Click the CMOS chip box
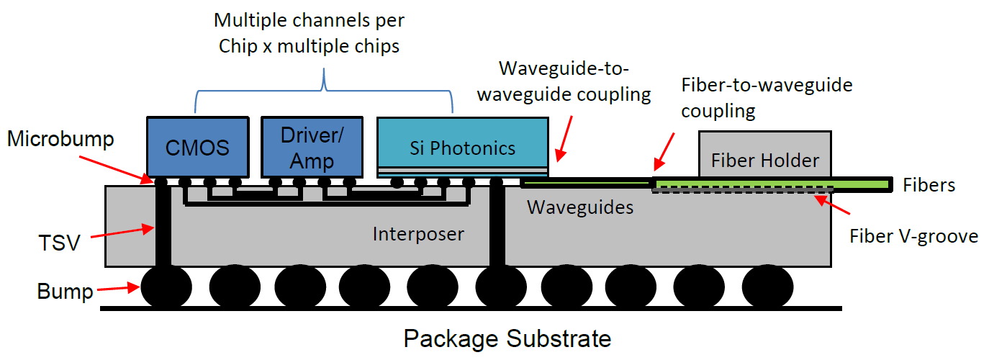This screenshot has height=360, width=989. point(197,148)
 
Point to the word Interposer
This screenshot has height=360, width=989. point(417,233)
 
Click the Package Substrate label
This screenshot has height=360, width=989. point(507,338)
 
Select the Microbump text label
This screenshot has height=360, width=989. point(60,138)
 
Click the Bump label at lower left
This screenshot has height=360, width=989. point(66,292)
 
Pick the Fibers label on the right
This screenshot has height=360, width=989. point(929,185)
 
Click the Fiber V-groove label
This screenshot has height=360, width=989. point(913,235)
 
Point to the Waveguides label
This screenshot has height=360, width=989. point(580,207)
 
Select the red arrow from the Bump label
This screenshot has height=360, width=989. point(118,289)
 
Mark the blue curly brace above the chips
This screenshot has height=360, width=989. point(324,90)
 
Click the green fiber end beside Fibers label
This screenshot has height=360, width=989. point(864,184)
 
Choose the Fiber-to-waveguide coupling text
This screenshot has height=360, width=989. point(767,98)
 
